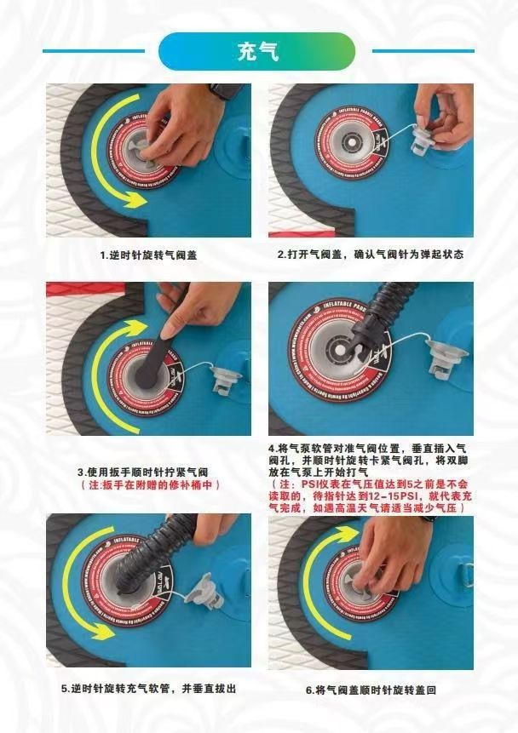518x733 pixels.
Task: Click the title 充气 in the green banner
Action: (x=258, y=51)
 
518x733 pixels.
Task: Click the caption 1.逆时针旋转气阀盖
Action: (x=149, y=255)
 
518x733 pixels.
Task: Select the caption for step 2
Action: (x=371, y=255)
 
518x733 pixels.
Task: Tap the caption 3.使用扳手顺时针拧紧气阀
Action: (x=143, y=472)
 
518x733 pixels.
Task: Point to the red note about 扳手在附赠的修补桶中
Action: (x=150, y=485)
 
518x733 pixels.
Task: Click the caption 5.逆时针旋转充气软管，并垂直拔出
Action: (x=149, y=689)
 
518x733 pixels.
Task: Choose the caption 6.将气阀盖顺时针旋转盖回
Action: (x=371, y=690)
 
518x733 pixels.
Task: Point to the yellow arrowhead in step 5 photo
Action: (x=104, y=631)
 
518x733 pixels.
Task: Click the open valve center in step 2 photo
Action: (x=350, y=140)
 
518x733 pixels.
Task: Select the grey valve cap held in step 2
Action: (x=423, y=140)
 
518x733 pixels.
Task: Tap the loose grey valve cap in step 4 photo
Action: (x=446, y=360)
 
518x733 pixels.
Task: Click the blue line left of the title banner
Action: (x=94, y=51)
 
